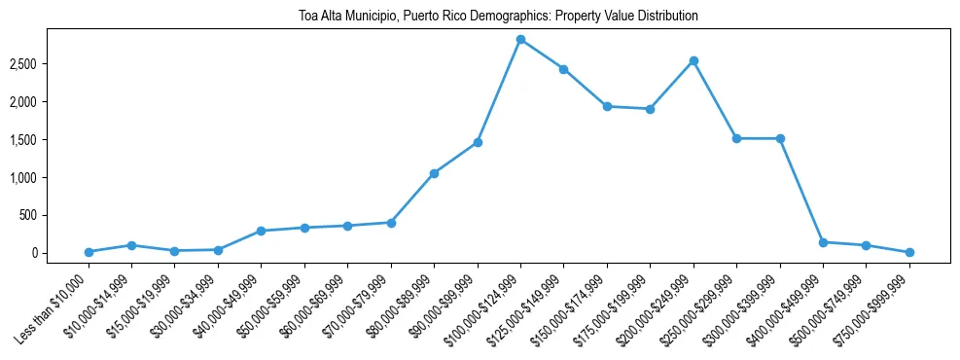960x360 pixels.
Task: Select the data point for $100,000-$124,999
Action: [520, 40]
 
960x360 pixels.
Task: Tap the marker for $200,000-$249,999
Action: [693, 60]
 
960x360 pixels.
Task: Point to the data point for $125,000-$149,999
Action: [563, 69]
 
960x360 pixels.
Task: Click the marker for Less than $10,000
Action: [89, 252]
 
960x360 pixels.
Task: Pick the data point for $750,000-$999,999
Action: [909, 252]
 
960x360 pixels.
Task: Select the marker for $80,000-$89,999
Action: [434, 173]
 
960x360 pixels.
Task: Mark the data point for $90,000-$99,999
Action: [478, 142]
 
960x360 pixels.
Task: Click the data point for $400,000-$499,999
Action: [823, 242]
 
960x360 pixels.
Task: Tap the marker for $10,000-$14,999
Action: [131, 245]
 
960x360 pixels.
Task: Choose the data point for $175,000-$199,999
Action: [650, 109]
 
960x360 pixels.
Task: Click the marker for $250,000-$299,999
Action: [736, 138]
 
